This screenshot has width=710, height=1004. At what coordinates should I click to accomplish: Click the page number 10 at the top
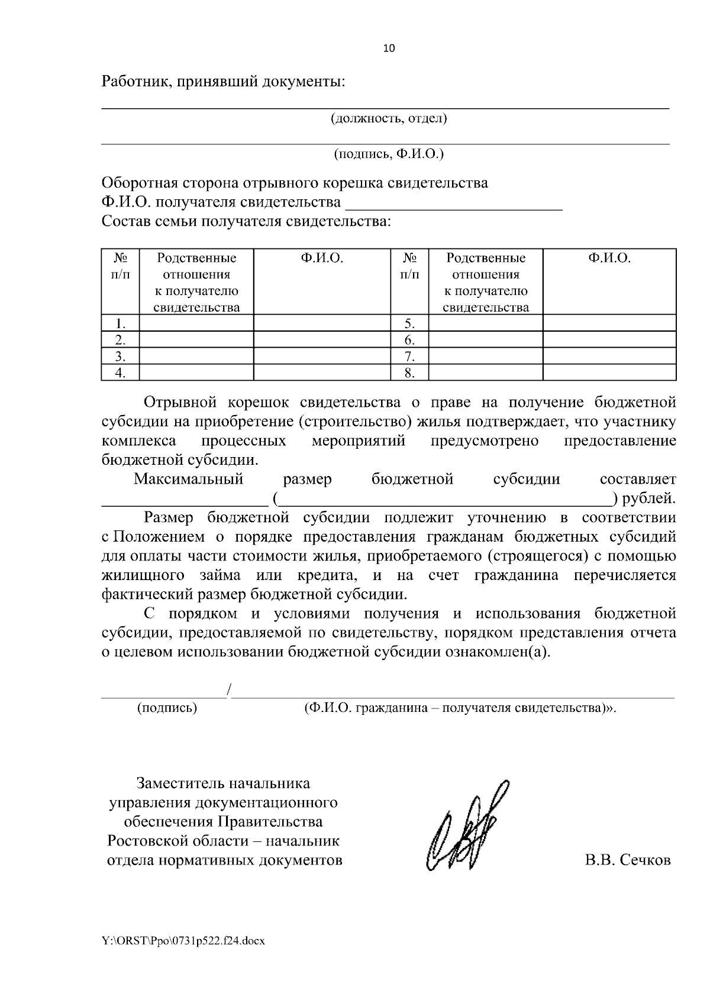point(389,48)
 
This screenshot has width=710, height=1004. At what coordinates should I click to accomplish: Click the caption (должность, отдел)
point(388,118)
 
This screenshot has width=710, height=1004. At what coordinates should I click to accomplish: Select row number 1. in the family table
point(120,323)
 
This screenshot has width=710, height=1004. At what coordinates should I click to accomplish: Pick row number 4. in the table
point(120,373)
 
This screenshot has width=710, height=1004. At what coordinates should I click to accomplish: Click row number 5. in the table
point(409,323)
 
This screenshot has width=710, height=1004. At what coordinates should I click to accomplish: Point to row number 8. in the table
point(409,373)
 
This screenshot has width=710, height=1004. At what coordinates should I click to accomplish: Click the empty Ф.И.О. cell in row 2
point(322,340)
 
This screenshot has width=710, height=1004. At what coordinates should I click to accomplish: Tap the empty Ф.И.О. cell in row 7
point(609,356)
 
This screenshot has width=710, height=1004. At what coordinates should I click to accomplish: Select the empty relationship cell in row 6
point(485,340)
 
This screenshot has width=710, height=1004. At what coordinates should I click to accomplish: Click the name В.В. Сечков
point(628,860)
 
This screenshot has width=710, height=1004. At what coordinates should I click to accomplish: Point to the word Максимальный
point(189,479)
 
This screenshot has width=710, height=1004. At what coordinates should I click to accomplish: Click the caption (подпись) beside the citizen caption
point(167,708)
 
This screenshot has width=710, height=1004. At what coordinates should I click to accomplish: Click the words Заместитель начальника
point(223,783)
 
